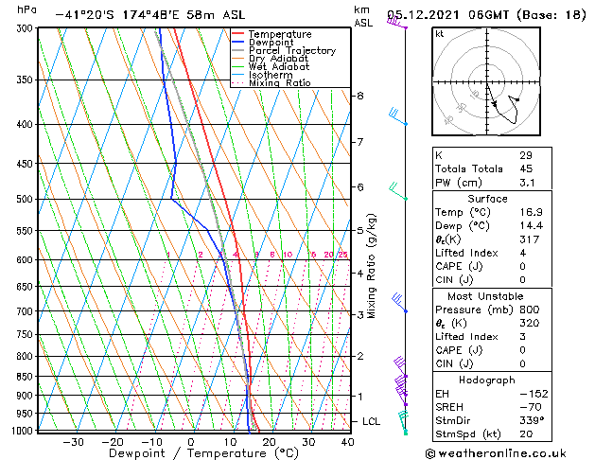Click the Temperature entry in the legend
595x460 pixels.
click(x=280, y=34)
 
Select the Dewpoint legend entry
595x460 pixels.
click(x=273, y=43)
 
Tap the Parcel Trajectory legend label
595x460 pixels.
click(x=291, y=51)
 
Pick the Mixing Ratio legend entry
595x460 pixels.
click(x=279, y=83)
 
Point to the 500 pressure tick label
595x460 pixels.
click(x=26, y=200)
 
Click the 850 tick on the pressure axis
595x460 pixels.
click(x=26, y=377)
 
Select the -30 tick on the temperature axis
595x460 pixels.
click(x=73, y=442)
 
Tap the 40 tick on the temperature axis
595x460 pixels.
click(x=348, y=442)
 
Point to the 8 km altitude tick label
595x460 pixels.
click(x=359, y=96)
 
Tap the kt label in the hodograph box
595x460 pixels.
click(x=439, y=34)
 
